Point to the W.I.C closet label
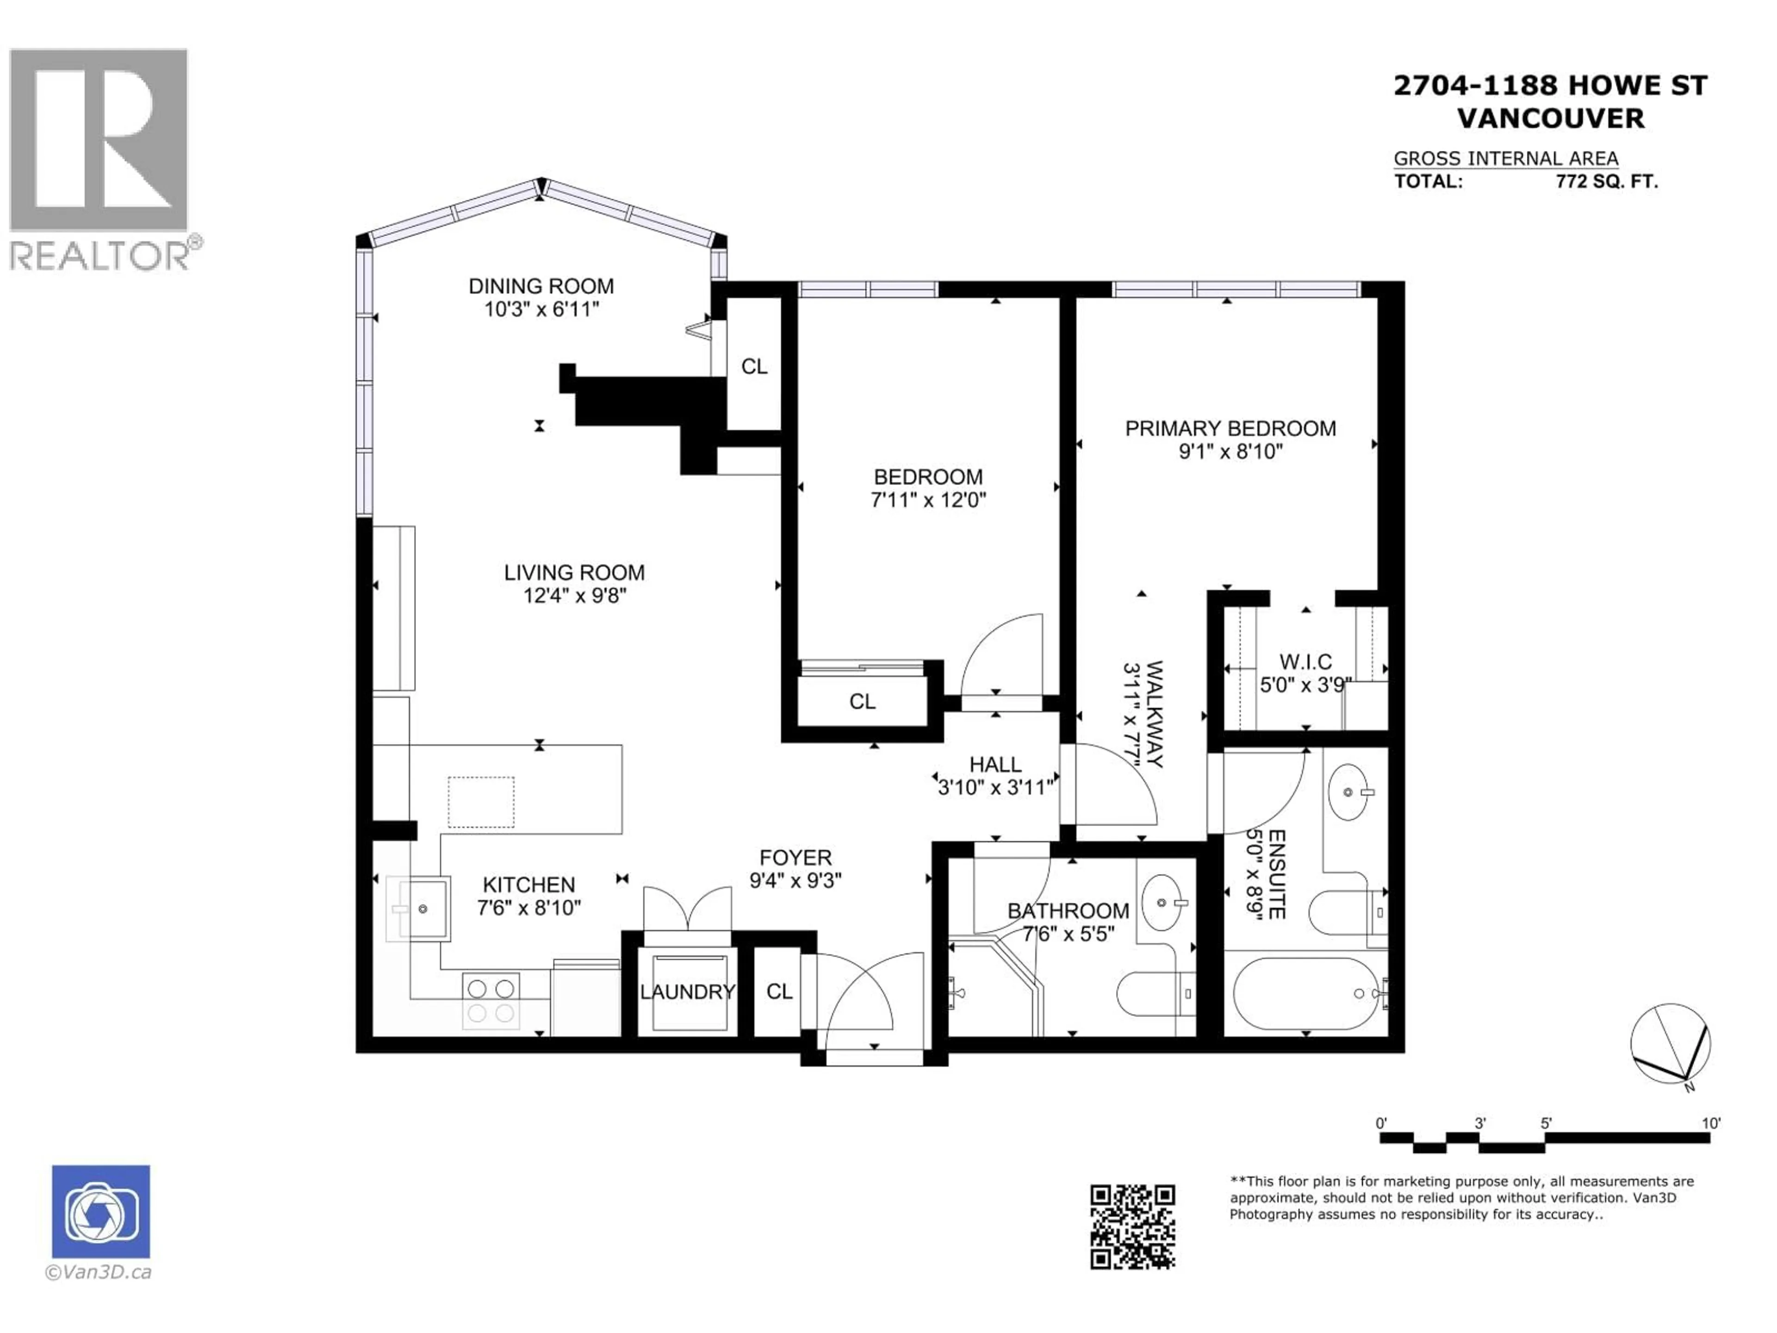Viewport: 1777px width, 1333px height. [1305, 662]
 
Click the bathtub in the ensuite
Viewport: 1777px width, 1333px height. [1305, 993]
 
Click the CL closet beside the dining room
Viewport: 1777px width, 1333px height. [753, 367]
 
